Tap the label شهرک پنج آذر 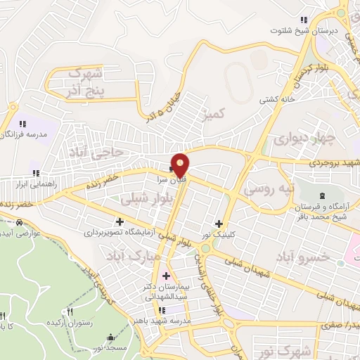point(87,82)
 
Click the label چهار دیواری point(295,137)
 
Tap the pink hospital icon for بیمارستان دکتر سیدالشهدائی point(167,276)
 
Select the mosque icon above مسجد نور point(110,337)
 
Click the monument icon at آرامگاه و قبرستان point(321,195)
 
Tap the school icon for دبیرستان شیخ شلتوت point(303,20)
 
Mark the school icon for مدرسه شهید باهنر point(162,309)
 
